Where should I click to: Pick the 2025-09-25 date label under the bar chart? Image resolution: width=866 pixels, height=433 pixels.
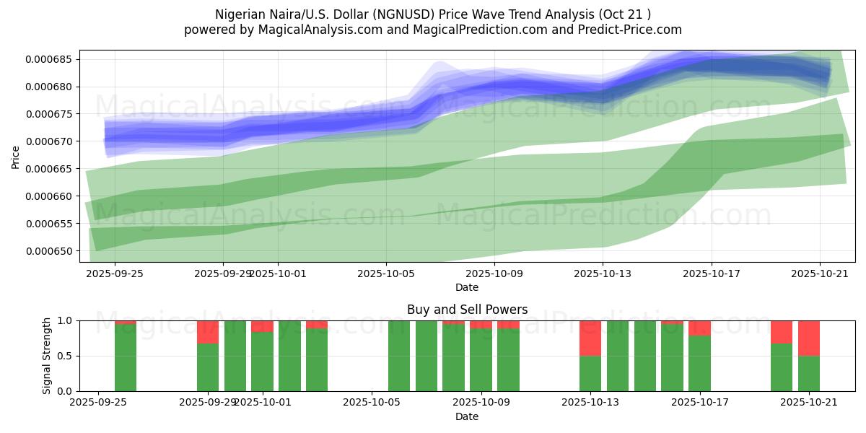pyautogui.click(x=105, y=403)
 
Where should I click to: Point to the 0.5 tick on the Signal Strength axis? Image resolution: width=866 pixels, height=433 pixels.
pyautogui.click(x=65, y=356)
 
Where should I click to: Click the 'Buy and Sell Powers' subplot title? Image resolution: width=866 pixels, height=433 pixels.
pyautogui.click(x=467, y=310)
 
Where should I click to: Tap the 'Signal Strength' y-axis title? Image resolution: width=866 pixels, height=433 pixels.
pyautogui.click(x=47, y=356)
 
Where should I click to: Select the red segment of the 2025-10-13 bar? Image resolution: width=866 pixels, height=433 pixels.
pyautogui.click(x=590, y=338)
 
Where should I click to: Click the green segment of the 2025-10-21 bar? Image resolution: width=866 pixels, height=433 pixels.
pyautogui.click(x=809, y=373)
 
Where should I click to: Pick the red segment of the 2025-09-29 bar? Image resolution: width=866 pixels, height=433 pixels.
pyautogui.click(x=208, y=332)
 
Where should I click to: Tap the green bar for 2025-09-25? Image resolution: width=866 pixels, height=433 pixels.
pyautogui.click(x=126, y=357)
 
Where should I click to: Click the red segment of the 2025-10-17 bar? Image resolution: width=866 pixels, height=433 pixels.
pyautogui.click(x=699, y=328)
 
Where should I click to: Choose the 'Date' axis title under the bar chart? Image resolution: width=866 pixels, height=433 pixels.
pyautogui.click(x=467, y=416)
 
